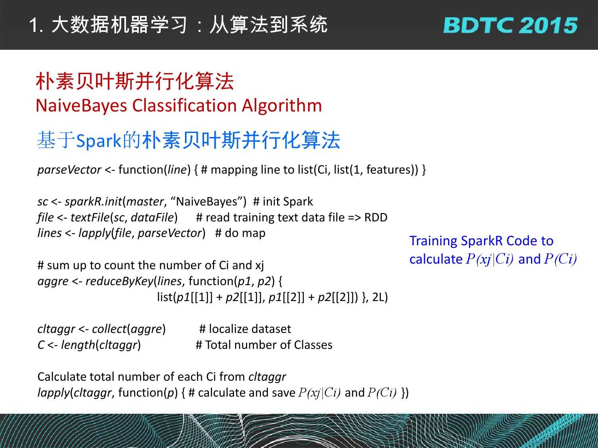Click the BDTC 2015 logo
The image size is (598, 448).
(511, 25)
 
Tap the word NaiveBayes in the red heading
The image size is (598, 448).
(81, 106)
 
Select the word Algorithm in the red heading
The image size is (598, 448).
(282, 106)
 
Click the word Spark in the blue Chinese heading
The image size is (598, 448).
(98, 141)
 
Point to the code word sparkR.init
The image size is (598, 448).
(93, 202)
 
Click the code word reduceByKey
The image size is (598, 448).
(120, 281)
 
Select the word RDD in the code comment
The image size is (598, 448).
(376, 217)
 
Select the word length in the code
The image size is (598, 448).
(78, 345)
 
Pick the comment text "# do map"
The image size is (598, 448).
(240, 233)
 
